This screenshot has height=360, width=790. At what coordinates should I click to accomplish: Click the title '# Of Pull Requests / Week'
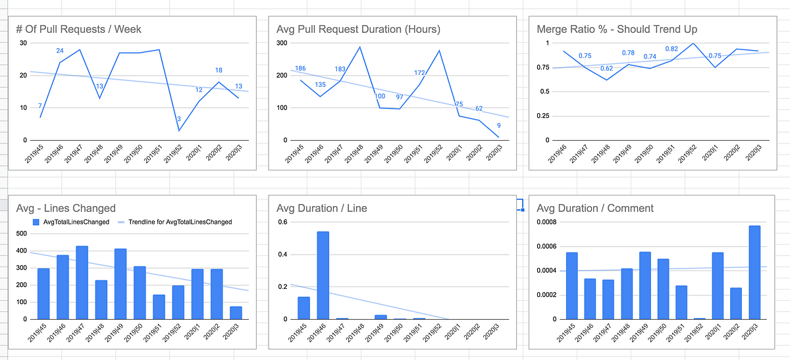tap(78, 29)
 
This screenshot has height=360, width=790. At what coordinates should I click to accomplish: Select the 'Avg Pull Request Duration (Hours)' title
tap(358, 29)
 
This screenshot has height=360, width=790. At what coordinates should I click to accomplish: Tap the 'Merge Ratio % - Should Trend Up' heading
tap(617, 29)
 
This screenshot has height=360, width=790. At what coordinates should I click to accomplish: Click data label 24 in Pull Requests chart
tap(60, 51)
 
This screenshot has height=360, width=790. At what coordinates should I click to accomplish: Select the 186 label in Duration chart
tap(300, 69)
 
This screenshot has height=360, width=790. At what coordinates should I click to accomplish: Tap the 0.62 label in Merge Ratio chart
tap(606, 68)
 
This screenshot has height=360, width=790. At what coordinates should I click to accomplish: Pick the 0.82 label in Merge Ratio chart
tap(672, 49)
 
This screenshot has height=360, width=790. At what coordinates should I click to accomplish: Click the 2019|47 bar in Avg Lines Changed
tap(82, 283)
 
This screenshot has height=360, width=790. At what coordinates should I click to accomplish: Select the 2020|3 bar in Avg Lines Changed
tap(235, 313)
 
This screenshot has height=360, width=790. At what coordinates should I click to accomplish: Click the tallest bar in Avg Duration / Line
tap(323, 275)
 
